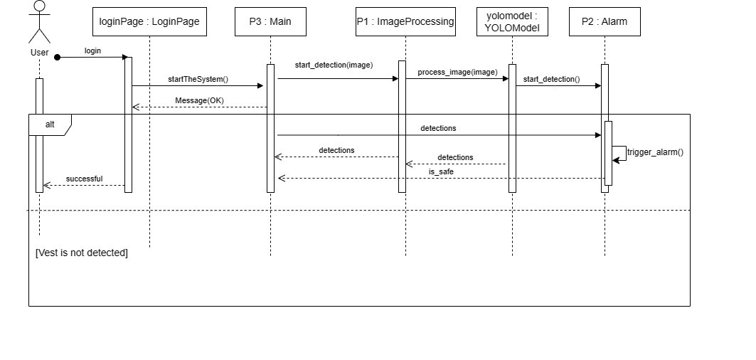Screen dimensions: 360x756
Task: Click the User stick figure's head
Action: tap(40, 6)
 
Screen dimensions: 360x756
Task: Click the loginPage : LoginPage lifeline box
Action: tap(150, 21)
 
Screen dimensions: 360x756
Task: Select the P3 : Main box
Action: tap(270, 21)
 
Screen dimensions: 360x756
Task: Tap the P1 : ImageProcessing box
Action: tap(405, 21)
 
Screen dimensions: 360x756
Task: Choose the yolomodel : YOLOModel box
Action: tap(512, 21)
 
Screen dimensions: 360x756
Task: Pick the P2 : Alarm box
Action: tap(605, 21)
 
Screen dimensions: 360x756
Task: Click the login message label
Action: tap(92, 51)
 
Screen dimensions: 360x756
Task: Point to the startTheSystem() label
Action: tap(198, 79)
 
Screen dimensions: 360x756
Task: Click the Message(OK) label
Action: tap(199, 100)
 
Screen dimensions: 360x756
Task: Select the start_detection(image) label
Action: tap(334, 65)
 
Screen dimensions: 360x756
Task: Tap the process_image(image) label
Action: tap(457, 72)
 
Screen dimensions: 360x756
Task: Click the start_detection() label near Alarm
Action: tap(551, 79)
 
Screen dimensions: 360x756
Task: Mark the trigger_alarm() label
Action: tap(655, 152)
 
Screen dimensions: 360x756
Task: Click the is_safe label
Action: tap(441, 171)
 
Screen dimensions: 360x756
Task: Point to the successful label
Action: tap(84, 179)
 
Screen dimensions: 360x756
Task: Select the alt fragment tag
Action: tap(50, 125)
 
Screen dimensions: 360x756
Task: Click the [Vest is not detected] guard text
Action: tap(82, 253)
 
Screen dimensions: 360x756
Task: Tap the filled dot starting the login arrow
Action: tap(58, 57)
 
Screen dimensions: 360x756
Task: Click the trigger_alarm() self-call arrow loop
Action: tap(620, 154)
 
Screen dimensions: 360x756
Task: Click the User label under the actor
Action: tap(40, 53)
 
